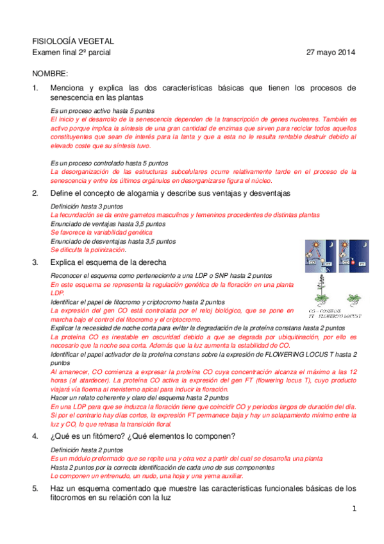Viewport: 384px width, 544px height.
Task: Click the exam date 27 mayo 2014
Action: [331, 52]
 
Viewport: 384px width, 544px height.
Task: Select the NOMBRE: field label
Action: [51, 74]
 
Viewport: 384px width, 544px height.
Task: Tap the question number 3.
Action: [36, 262]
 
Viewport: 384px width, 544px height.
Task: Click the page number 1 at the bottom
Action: [353, 509]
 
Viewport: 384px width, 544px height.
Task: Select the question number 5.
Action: [36, 488]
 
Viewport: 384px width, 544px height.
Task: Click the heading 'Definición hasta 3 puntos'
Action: [87, 207]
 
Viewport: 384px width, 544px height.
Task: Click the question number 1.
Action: [36, 87]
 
